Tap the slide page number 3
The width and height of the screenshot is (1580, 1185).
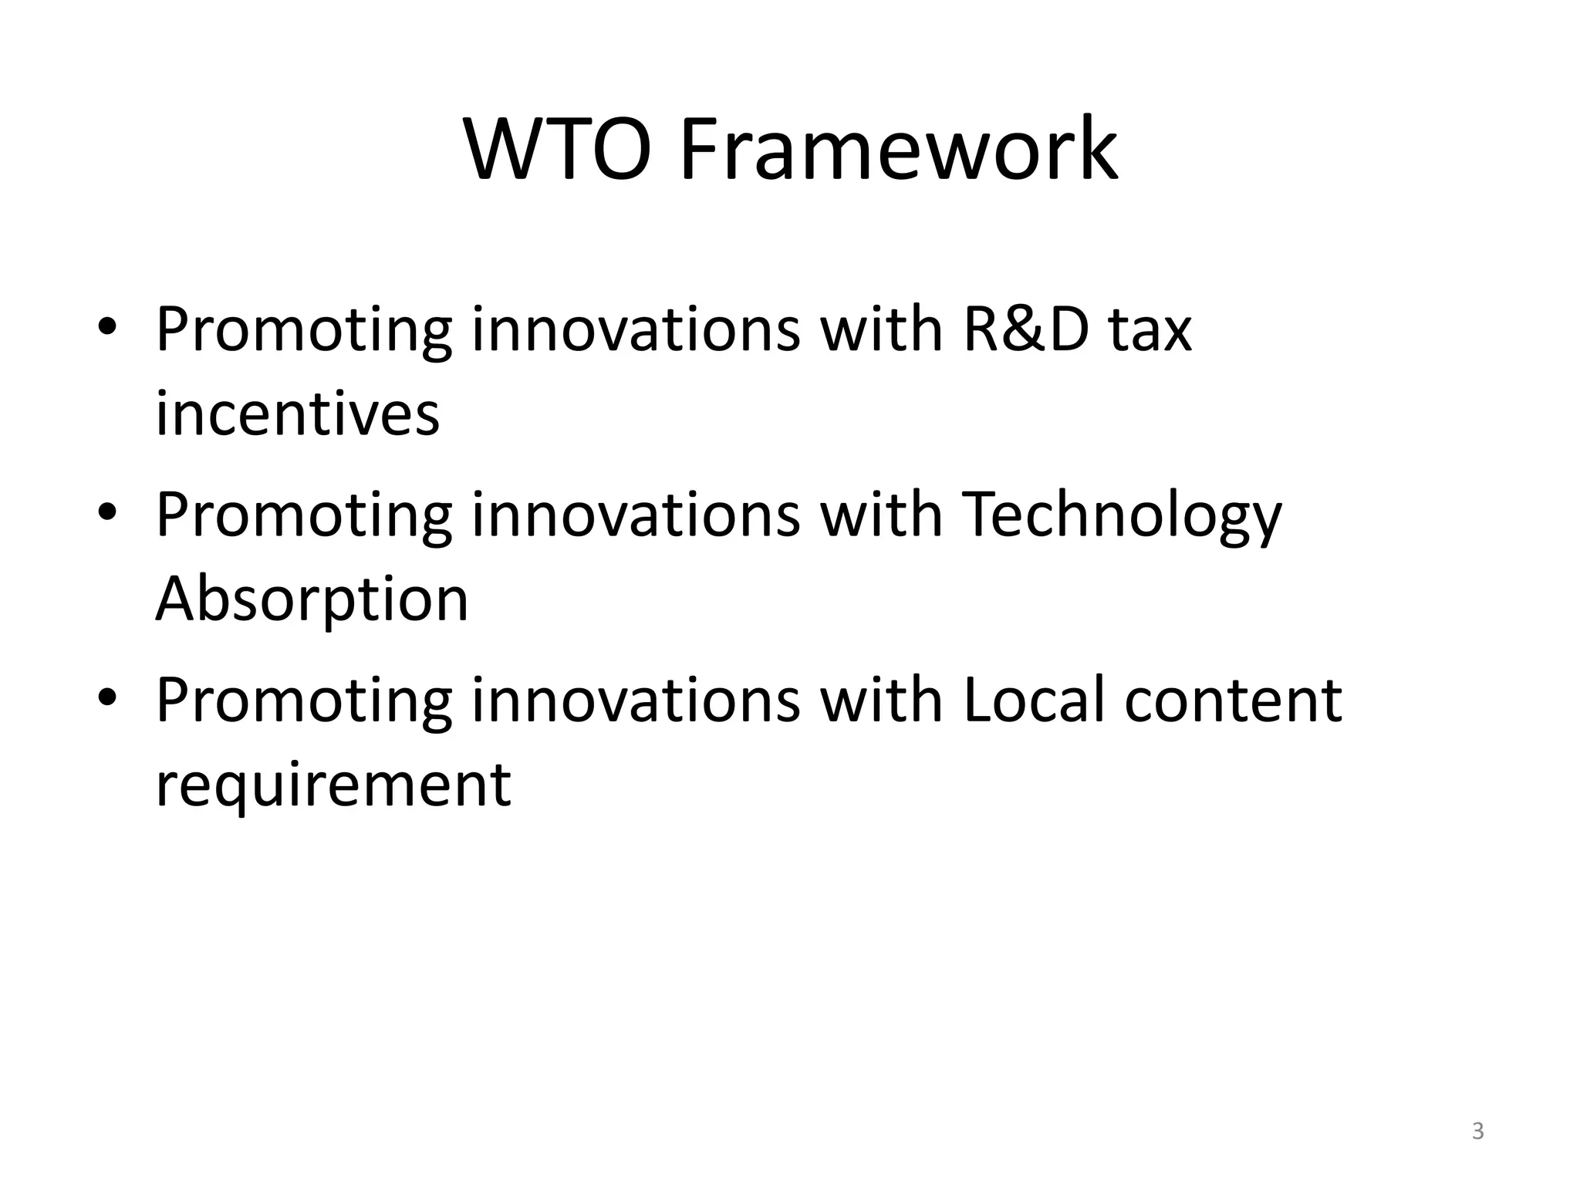(x=1477, y=1131)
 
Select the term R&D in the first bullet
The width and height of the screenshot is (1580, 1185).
(x=1026, y=329)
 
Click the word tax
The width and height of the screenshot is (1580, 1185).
(x=1150, y=329)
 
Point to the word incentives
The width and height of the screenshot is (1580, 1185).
(x=297, y=414)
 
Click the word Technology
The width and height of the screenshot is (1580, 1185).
(x=1122, y=515)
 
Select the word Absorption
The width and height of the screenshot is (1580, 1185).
(x=312, y=599)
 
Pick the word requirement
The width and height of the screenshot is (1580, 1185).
(x=333, y=785)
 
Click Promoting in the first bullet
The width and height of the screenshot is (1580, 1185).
(x=303, y=329)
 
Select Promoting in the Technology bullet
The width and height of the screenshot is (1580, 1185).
(x=303, y=515)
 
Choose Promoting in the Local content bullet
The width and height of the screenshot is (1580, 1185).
(x=303, y=700)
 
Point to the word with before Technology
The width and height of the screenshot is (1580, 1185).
(x=881, y=515)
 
